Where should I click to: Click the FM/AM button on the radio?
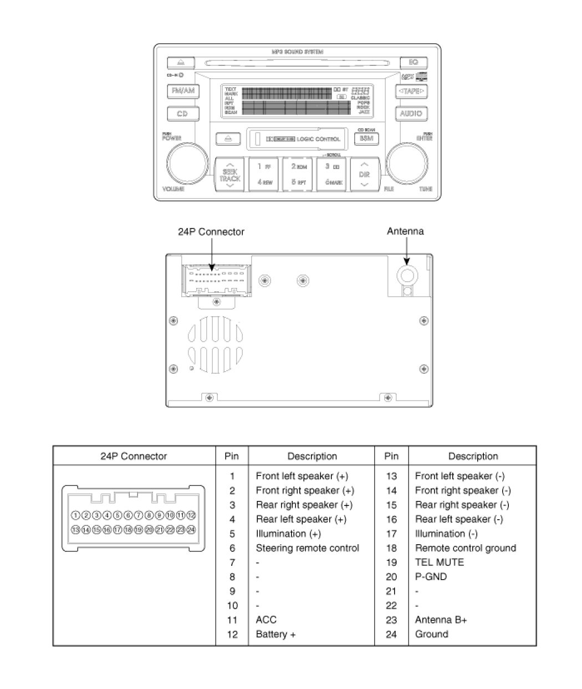[x=183, y=91]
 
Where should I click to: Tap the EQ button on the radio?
[x=413, y=62]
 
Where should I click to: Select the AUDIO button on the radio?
[x=411, y=113]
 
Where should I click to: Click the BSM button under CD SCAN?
[x=366, y=138]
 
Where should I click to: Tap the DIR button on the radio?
[x=364, y=174]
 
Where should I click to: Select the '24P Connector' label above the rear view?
[x=211, y=232]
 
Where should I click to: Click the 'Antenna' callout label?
[x=405, y=231]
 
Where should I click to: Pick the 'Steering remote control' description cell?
[x=307, y=548]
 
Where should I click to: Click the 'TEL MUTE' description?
[x=439, y=563]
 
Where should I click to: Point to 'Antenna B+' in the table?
[x=441, y=620]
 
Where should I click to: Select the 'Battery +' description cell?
[x=275, y=635]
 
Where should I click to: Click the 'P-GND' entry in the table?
[x=431, y=577]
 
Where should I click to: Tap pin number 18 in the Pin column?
[x=391, y=548]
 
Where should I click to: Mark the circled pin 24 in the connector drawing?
[x=191, y=530]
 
